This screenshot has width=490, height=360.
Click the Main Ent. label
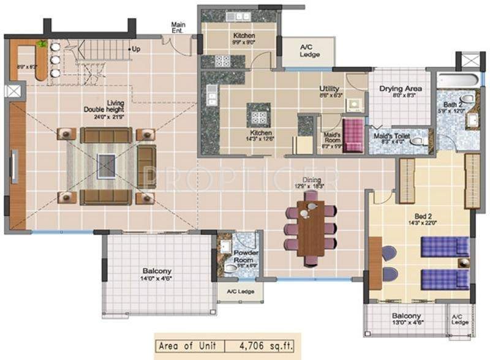(x=178, y=28)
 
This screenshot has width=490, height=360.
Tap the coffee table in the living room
(x=107, y=166)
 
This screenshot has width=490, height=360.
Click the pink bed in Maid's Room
(x=353, y=135)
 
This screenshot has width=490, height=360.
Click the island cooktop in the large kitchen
(x=258, y=114)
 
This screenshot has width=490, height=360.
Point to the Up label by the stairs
(x=135, y=48)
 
